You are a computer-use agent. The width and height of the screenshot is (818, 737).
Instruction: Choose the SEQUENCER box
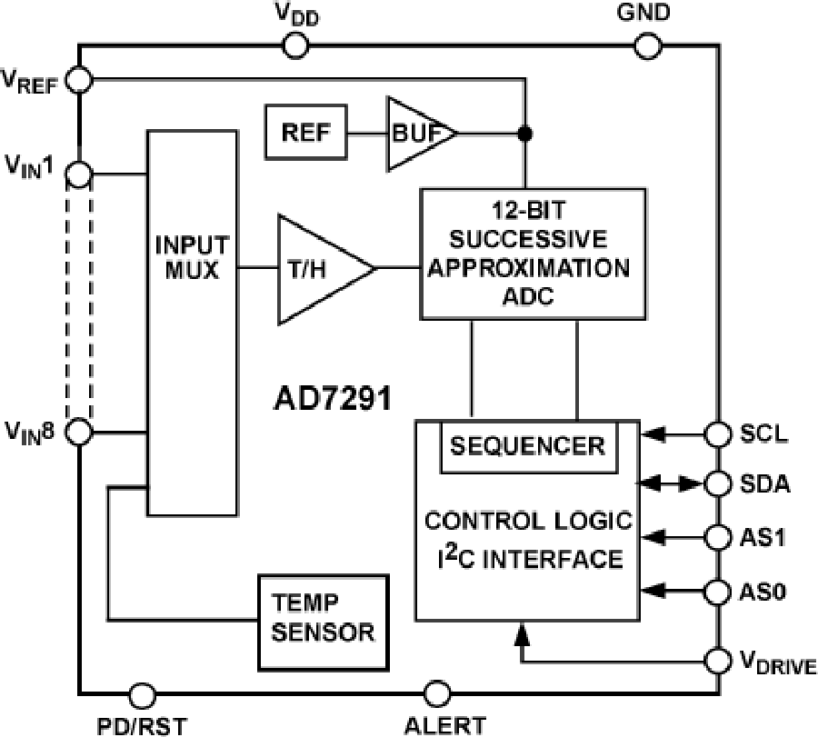527,446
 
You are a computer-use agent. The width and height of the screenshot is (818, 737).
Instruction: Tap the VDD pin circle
295,45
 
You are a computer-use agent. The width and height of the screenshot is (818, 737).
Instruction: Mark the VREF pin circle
80,80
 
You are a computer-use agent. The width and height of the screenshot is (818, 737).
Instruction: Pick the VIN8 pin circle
80,431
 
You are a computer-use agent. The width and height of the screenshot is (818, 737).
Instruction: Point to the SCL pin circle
717,434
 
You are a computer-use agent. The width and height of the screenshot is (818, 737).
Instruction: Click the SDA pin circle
717,484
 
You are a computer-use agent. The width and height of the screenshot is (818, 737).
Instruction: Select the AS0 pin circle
717,592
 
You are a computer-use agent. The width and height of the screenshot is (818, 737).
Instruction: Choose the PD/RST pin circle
141,694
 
